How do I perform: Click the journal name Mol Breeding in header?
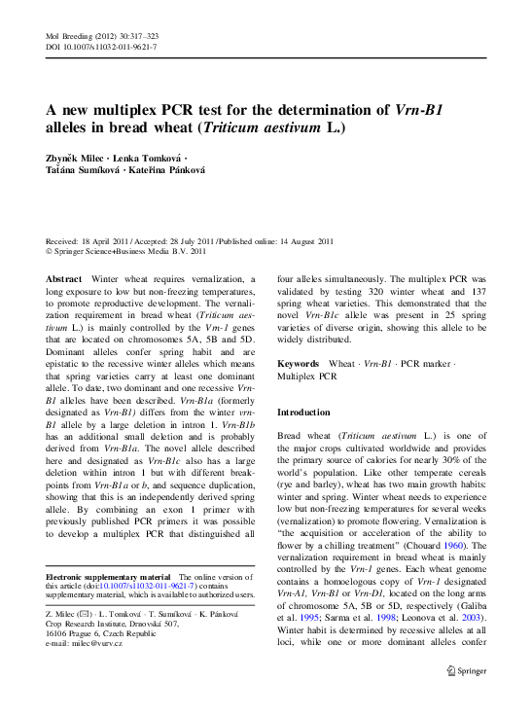71,36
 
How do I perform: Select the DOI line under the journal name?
101,46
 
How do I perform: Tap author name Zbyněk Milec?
76,157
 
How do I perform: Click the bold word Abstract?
64,279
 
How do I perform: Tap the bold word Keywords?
298,363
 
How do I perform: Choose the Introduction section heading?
303,412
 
